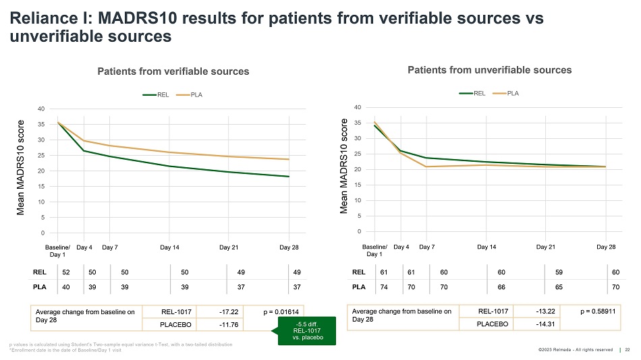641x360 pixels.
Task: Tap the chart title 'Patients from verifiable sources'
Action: click(x=173, y=71)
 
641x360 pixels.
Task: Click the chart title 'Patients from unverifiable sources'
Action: click(x=490, y=70)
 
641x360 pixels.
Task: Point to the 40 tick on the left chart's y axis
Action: click(x=41, y=109)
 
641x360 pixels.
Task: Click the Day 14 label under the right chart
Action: click(x=486, y=247)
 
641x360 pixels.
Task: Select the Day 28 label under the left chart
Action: click(x=289, y=248)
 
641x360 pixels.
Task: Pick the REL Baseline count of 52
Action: click(x=65, y=272)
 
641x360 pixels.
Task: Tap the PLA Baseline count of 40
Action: click(x=65, y=287)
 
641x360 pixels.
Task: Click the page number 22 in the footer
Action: click(x=628, y=349)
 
